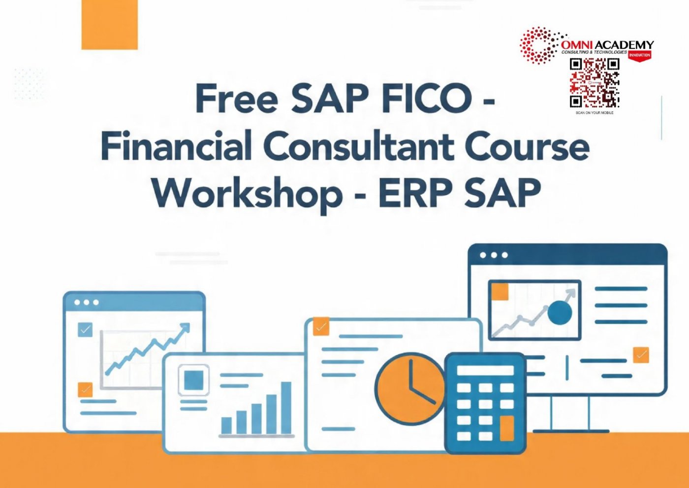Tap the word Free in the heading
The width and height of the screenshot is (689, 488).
coord(237,98)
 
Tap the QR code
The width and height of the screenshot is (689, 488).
coord(595,83)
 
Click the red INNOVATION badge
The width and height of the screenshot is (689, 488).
coord(639,55)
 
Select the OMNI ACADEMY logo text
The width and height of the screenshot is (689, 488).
coord(608,45)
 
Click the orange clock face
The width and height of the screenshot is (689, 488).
coord(410,389)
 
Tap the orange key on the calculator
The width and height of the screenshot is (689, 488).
coord(507,428)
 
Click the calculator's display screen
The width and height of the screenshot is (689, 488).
coord(485,370)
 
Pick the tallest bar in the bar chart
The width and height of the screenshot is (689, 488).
coord(286,408)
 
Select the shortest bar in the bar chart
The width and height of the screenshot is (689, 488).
coord(226,425)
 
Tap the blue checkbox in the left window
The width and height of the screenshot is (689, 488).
coord(85,329)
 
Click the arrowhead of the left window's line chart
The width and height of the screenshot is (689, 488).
coord(185,328)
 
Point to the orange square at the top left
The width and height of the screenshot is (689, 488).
coord(109,25)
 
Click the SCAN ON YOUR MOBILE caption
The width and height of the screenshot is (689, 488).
coord(595,113)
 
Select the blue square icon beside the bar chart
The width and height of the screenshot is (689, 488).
coord(194,380)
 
